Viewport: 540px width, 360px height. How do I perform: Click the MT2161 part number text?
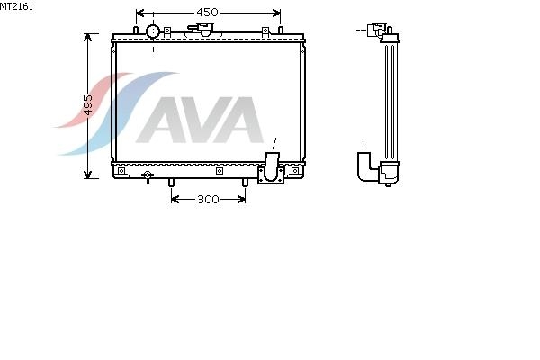pos(16,6)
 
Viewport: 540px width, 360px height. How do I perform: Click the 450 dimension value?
pos(207,13)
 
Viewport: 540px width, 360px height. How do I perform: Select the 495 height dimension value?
pos(88,104)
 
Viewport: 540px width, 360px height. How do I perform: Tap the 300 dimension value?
pos(208,199)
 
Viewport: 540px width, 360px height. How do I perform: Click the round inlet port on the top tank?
pos(153,31)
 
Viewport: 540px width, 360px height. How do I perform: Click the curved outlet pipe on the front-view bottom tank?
pos(272,166)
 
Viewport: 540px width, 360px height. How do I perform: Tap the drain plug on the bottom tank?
pos(148,176)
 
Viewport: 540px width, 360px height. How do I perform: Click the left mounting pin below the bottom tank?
pos(171,183)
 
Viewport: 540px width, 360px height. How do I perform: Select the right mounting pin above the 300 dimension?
pos(245,183)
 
